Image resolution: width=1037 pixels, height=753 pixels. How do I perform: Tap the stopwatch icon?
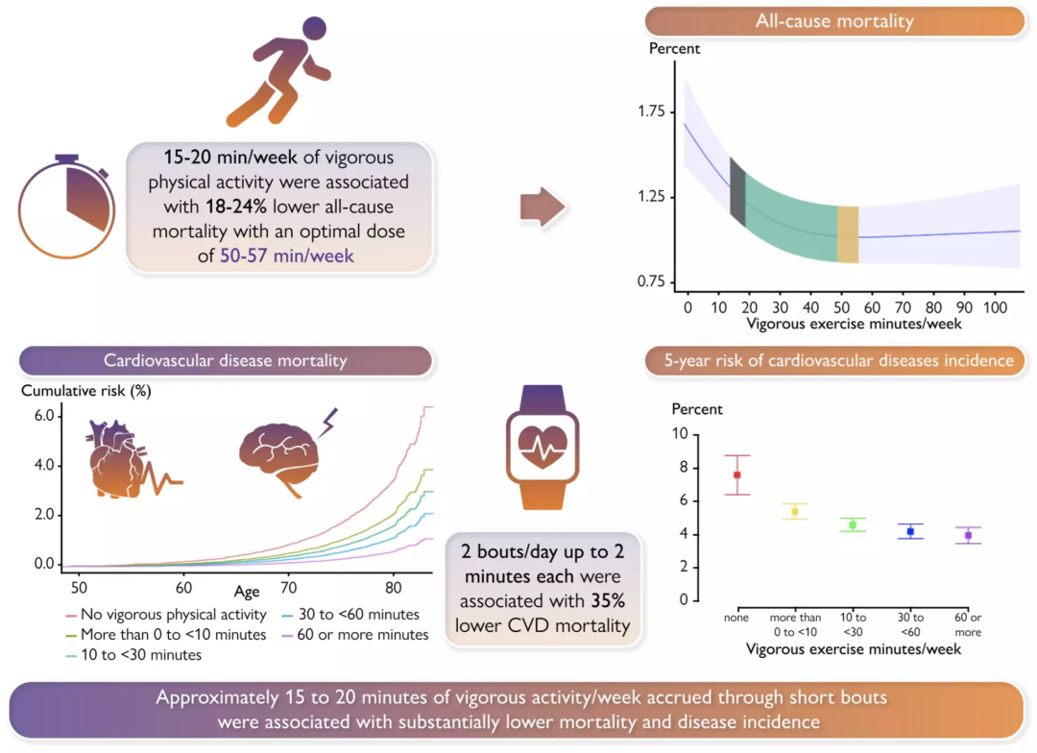(x=65, y=206)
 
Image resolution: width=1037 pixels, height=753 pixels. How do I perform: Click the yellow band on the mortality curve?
(x=847, y=233)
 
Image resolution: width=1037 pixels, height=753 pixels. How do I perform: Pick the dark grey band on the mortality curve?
(x=737, y=192)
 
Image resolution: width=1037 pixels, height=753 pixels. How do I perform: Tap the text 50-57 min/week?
(x=286, y=256)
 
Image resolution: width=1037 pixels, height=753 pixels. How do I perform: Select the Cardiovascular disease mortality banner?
(x=225, y=361)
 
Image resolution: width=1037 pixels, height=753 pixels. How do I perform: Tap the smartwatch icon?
(x=542, y=446)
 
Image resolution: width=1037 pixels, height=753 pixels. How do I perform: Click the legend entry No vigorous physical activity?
(x=162, y=615)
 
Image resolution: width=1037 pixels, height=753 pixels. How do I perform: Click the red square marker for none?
(x=737, y=474)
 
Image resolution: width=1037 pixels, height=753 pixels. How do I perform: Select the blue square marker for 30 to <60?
(x=910, y=531)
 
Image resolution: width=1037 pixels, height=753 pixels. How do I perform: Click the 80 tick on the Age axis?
(x=393, y=587)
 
